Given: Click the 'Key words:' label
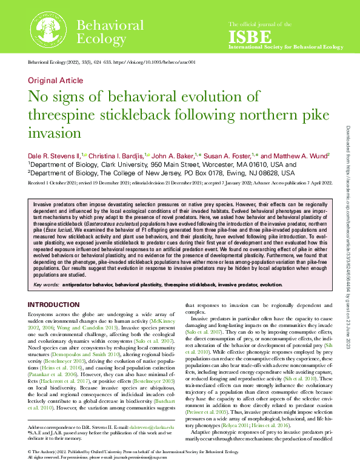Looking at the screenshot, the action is [x=47, y=284].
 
